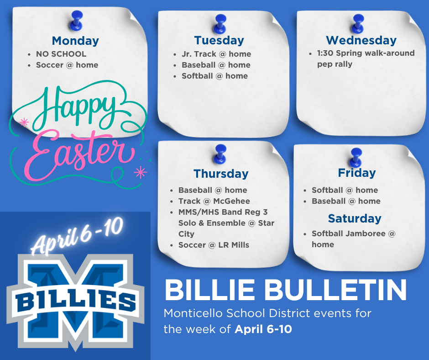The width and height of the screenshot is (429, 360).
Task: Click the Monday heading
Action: [75, 41]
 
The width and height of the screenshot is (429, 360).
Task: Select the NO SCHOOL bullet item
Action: [61, 54]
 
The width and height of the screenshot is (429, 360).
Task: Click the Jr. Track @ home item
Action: [216, 54]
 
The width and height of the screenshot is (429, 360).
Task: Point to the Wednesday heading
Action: [361, 40]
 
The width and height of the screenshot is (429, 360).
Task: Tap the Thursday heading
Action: [221, 174]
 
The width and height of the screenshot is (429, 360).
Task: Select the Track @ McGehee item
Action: [214, 201]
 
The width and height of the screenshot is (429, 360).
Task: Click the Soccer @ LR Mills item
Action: [214, 245]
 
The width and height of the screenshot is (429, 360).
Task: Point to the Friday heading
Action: [356, 173]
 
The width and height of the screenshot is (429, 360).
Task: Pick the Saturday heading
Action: [355, 218]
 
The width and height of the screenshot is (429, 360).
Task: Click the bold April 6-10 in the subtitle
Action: [263, 329]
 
